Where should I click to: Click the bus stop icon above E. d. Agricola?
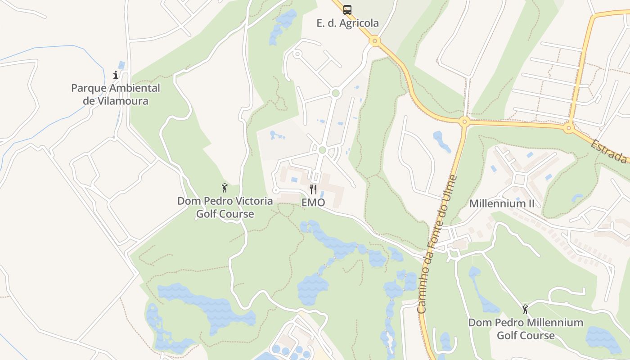click(347, 9)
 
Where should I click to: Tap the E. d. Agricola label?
click(347, 23)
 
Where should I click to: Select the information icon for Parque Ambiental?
click(116, 75)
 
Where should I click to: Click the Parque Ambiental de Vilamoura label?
click(116, 94)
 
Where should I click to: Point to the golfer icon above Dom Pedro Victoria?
click(225, 188)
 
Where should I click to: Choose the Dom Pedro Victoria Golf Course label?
click(225, 207)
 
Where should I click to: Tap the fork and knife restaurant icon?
click(313, 189)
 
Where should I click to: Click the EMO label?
click(313, 202)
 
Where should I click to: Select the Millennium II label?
click(502, 203)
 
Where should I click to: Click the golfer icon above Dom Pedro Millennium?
click(525, 309)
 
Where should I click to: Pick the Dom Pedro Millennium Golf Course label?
click(526, 329)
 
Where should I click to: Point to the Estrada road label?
click(609, 152)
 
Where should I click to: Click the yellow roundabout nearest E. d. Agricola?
click(374, 41)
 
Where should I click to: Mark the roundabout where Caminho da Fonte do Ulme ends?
click(464, 121)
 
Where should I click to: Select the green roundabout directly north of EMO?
click(322, 150)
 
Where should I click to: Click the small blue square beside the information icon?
click(121, 65)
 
